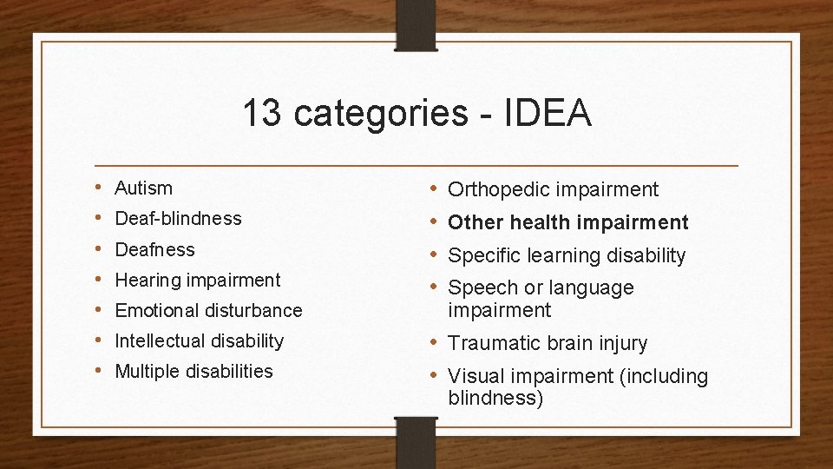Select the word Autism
coord(144,188)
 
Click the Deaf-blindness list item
coord(178,218)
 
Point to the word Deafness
coord(154,249)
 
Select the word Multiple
coord(144,371)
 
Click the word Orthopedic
coord(499,189)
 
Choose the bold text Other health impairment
coord(567,222)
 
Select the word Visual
coord(473,376)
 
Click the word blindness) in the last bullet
coord(495,398)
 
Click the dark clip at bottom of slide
coord(415,442)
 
